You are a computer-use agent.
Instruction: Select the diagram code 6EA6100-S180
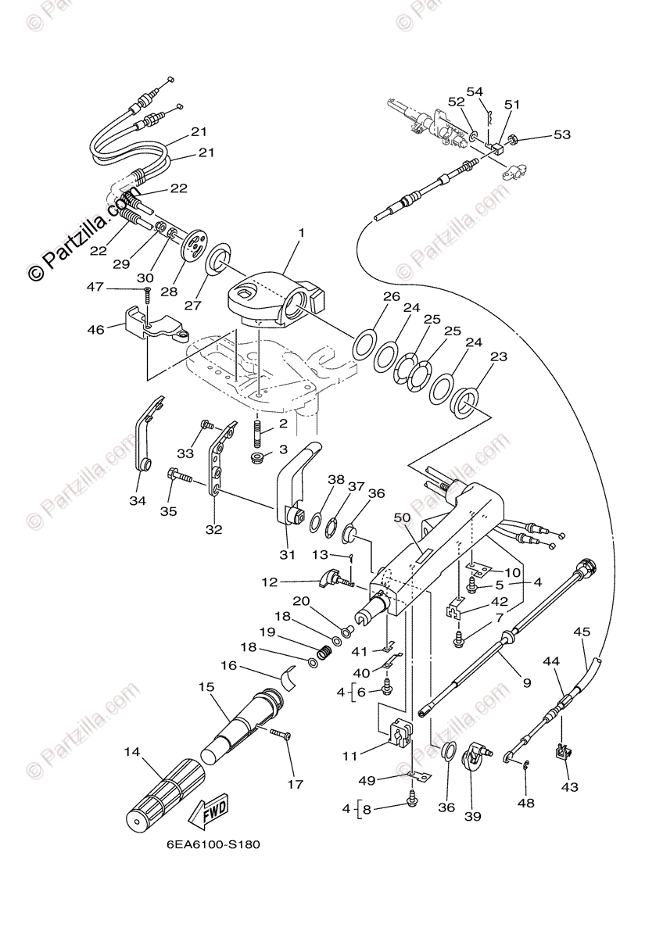click(213, 845)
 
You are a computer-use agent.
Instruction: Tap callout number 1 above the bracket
click(301, 233)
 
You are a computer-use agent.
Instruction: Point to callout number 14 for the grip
click(131, 752)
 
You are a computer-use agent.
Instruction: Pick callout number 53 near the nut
click(562, 135)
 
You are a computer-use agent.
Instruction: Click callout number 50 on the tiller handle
click(402, 518)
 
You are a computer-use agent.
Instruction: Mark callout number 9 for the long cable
click(526, 682)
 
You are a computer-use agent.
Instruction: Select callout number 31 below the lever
click(287, 555)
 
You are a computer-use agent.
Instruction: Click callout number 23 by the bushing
click(498, 357)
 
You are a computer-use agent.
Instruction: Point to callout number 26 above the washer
click(391, 296)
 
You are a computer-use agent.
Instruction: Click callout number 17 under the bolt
click(295, 784)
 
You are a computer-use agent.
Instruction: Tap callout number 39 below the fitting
click(473, 817)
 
